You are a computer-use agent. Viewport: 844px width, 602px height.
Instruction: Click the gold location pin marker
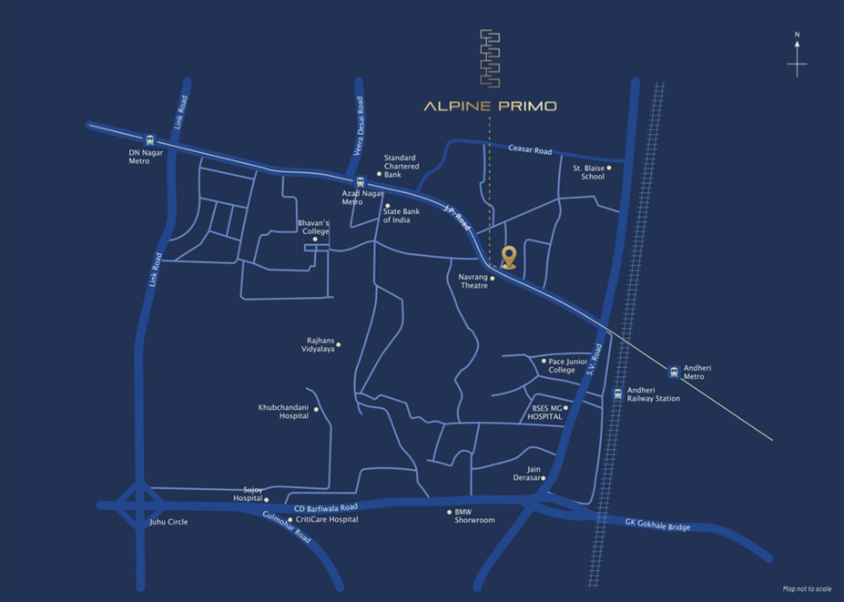[509, 257]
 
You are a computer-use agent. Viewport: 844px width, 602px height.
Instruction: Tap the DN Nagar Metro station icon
[150, 140]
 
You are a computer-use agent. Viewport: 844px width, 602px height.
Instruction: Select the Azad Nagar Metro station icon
[361, 180]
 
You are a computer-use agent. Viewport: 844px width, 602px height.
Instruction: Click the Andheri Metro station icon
[674, 371]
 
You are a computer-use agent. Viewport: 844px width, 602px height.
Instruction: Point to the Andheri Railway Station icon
[618, 394]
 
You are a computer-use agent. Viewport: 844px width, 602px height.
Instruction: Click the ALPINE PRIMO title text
[490, 106]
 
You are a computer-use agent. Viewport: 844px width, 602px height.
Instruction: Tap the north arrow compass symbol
[797, 57]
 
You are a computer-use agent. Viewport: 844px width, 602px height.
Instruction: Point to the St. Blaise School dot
[609, 168]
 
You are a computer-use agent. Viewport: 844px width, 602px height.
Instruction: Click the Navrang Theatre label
[473, 281]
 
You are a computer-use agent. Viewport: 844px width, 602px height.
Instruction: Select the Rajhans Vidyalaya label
[320, 346]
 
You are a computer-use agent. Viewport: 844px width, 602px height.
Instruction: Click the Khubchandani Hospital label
[283, 411]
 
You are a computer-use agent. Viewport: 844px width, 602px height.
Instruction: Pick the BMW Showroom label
[474, 515]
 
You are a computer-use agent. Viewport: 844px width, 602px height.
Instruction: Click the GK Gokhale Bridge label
[657, 525]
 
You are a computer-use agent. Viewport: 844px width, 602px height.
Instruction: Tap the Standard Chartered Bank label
[402, 166]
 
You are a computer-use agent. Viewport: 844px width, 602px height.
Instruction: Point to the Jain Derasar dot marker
[543, 478]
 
